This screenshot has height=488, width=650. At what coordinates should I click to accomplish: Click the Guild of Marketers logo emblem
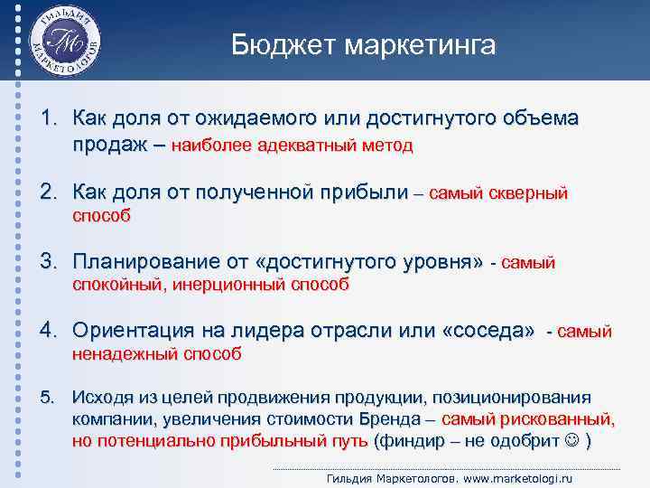tap(64, 42)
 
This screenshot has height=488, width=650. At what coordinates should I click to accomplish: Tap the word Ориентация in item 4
tap(127, 332)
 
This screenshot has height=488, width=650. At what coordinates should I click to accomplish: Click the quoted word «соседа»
tap(487, 332)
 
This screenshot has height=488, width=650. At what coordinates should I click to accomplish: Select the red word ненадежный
tap(124, 354)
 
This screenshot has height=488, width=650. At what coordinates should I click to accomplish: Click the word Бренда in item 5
tap(389, 420)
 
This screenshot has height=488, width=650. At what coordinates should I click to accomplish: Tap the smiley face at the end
tap(571, 442)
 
